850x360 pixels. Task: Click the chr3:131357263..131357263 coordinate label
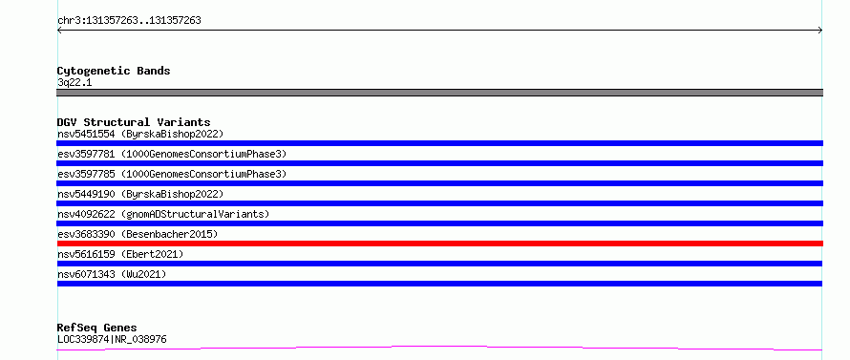click(129, 21)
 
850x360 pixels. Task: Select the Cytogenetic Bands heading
click(114, 71)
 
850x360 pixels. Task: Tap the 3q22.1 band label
click(74, 82)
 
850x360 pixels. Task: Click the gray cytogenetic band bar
click(439, 93)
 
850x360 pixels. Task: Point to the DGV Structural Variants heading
click(134, 122)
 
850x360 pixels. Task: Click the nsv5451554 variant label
click(140, 134)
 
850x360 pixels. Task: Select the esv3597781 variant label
click(172, 154)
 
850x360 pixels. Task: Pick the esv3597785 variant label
click(172, 174)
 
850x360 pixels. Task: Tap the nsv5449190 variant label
click(140, 194)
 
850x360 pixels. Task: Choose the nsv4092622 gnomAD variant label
click(163, 214)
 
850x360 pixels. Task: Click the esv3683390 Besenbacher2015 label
click(138, 234)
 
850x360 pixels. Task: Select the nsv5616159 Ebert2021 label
click(120, 254)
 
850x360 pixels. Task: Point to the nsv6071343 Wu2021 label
click(112, 274)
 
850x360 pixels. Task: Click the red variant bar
click(439, 244)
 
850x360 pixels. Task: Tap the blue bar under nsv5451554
click(439, 143)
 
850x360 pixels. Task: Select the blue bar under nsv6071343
click(439, 284)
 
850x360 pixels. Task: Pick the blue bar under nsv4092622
click(439, 223)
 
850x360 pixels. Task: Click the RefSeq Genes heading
click(97, 328)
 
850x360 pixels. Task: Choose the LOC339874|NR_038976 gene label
click(112, 339)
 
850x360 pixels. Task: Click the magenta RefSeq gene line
click(439, 348)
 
